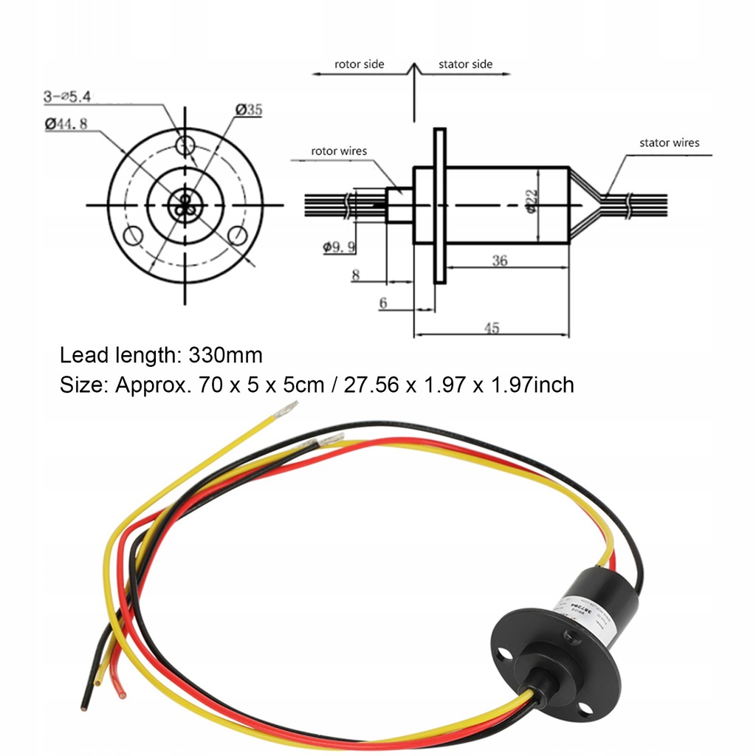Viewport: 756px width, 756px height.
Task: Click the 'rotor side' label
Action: click(359, 64)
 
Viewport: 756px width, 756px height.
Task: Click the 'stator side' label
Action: click(465, 64)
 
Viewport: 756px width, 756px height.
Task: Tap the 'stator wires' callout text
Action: click(669, 142)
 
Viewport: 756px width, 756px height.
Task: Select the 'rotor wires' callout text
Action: click(339, 151)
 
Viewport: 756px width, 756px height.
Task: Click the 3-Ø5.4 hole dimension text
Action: click(66, 96)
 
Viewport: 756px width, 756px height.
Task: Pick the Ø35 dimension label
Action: click(249, 110)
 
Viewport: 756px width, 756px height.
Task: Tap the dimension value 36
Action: click(500, 260)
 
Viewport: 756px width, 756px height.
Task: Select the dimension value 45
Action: click(492, 329)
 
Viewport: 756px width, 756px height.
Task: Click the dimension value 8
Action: click(356, 275)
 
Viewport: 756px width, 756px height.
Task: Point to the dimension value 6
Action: click(383, 303)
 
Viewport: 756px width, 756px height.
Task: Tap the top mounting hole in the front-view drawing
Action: click(185, 142)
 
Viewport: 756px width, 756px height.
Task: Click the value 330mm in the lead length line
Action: click(225, 355)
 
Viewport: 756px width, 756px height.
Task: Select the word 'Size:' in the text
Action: click(84, 385)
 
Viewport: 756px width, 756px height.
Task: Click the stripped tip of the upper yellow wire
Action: click(286, 410)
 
